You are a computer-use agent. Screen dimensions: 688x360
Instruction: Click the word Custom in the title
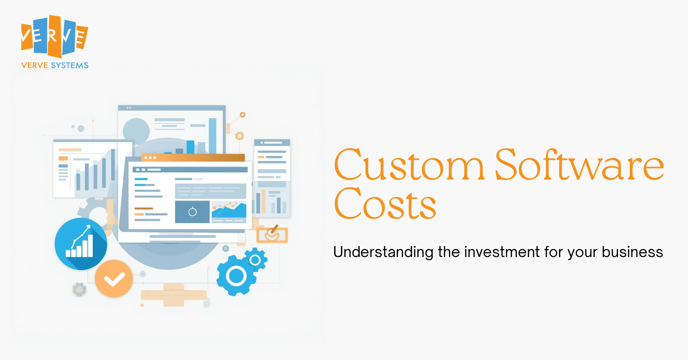pyautogui.click(x=409, y=165)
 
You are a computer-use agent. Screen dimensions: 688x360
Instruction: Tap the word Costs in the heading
pyautogui.click(x=385, y=203)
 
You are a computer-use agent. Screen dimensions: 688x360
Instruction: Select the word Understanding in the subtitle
pyautogui.click(x=383, y=253)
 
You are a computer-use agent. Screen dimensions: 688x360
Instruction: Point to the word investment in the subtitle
pyautogui.click(x=502, y=252)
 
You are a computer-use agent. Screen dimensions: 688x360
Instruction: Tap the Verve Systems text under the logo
pyautogui.click(x=55, y=65)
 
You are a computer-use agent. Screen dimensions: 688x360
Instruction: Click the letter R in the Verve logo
pyautogui.click(x=52, y=36)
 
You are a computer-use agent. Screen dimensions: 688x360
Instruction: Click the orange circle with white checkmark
pyautogui.click(x=114, y=279)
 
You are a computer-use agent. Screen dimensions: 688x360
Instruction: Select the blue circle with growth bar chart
pyautogui.click(x=81, y=244)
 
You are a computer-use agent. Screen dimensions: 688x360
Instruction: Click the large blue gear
pyautogui.click(x=236, y=275)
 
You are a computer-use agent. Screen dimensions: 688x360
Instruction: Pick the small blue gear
pyautogui.click(x=255, y=260)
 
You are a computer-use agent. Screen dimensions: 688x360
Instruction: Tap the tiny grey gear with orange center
pyautogui.click(x=79, y=289)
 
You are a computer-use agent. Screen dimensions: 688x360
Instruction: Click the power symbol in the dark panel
pyautogui.click(x=193, y=212)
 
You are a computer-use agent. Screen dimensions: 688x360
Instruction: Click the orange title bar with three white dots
pyautogui.click(x=193, y=158)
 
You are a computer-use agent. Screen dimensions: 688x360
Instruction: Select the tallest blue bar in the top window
pyautogui.click(x=213, y=136)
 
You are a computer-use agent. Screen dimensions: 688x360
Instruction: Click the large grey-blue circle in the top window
pyautogui.click(x=136, y=131)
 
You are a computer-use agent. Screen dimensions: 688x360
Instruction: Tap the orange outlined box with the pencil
pyautogui.click(x=272, y=235)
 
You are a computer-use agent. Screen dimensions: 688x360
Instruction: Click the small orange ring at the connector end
pyautogui.click(x=243, y=115)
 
